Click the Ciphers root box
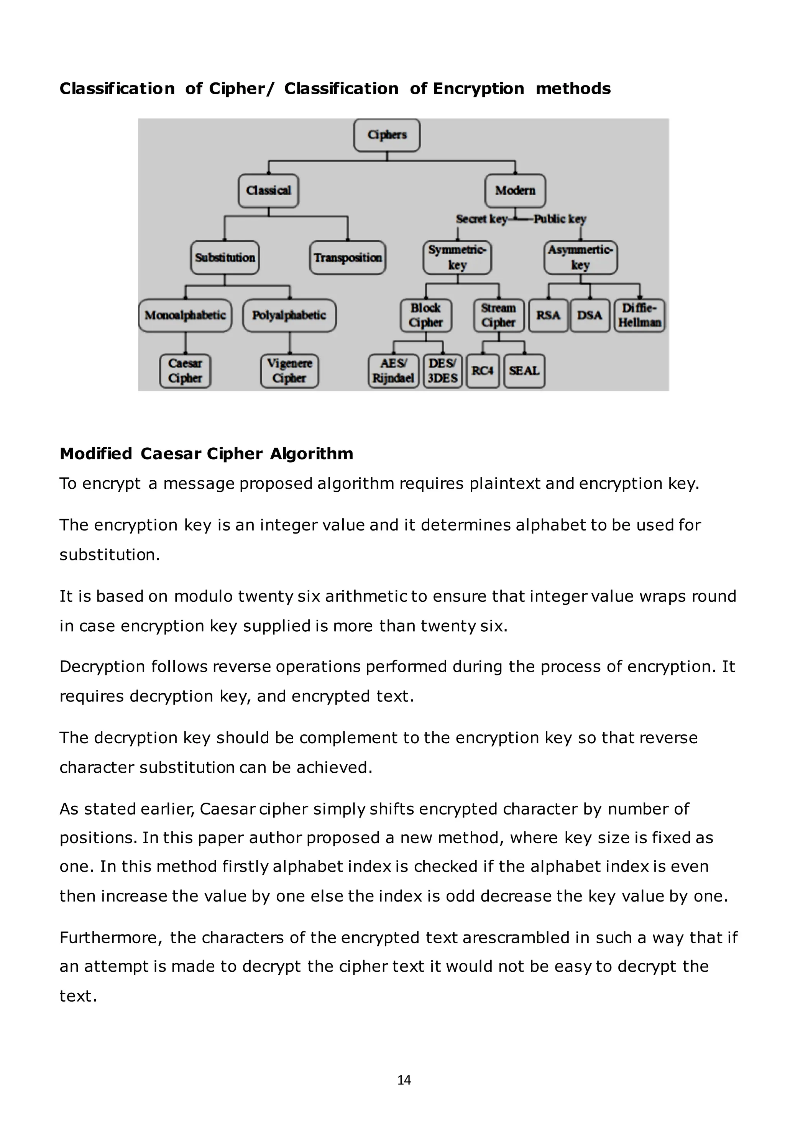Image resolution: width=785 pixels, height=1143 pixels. coord(387,135)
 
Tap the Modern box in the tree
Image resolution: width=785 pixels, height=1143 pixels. coord(515,190)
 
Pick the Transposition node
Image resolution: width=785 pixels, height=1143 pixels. coord(348,258)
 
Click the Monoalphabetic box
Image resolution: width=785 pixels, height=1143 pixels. coord(186,315)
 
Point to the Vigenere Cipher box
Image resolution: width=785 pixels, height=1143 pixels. coord(289,371)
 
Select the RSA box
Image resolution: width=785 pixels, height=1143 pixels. coord(548,315)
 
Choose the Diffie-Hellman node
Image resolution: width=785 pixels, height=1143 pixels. coord(639,315)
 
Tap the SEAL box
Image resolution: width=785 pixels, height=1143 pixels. coord(524,371)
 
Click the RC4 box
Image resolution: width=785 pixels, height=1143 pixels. coord(482,371)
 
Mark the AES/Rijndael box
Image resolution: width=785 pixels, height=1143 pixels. coord(394,371)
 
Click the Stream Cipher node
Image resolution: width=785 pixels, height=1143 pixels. coord(498,315)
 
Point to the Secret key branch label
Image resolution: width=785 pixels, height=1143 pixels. coord(481,219)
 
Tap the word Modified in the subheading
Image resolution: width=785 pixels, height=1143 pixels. coord(96,453)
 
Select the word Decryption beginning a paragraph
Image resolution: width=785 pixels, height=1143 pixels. coord(102,667)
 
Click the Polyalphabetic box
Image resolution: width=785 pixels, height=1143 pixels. coord(289,315)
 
